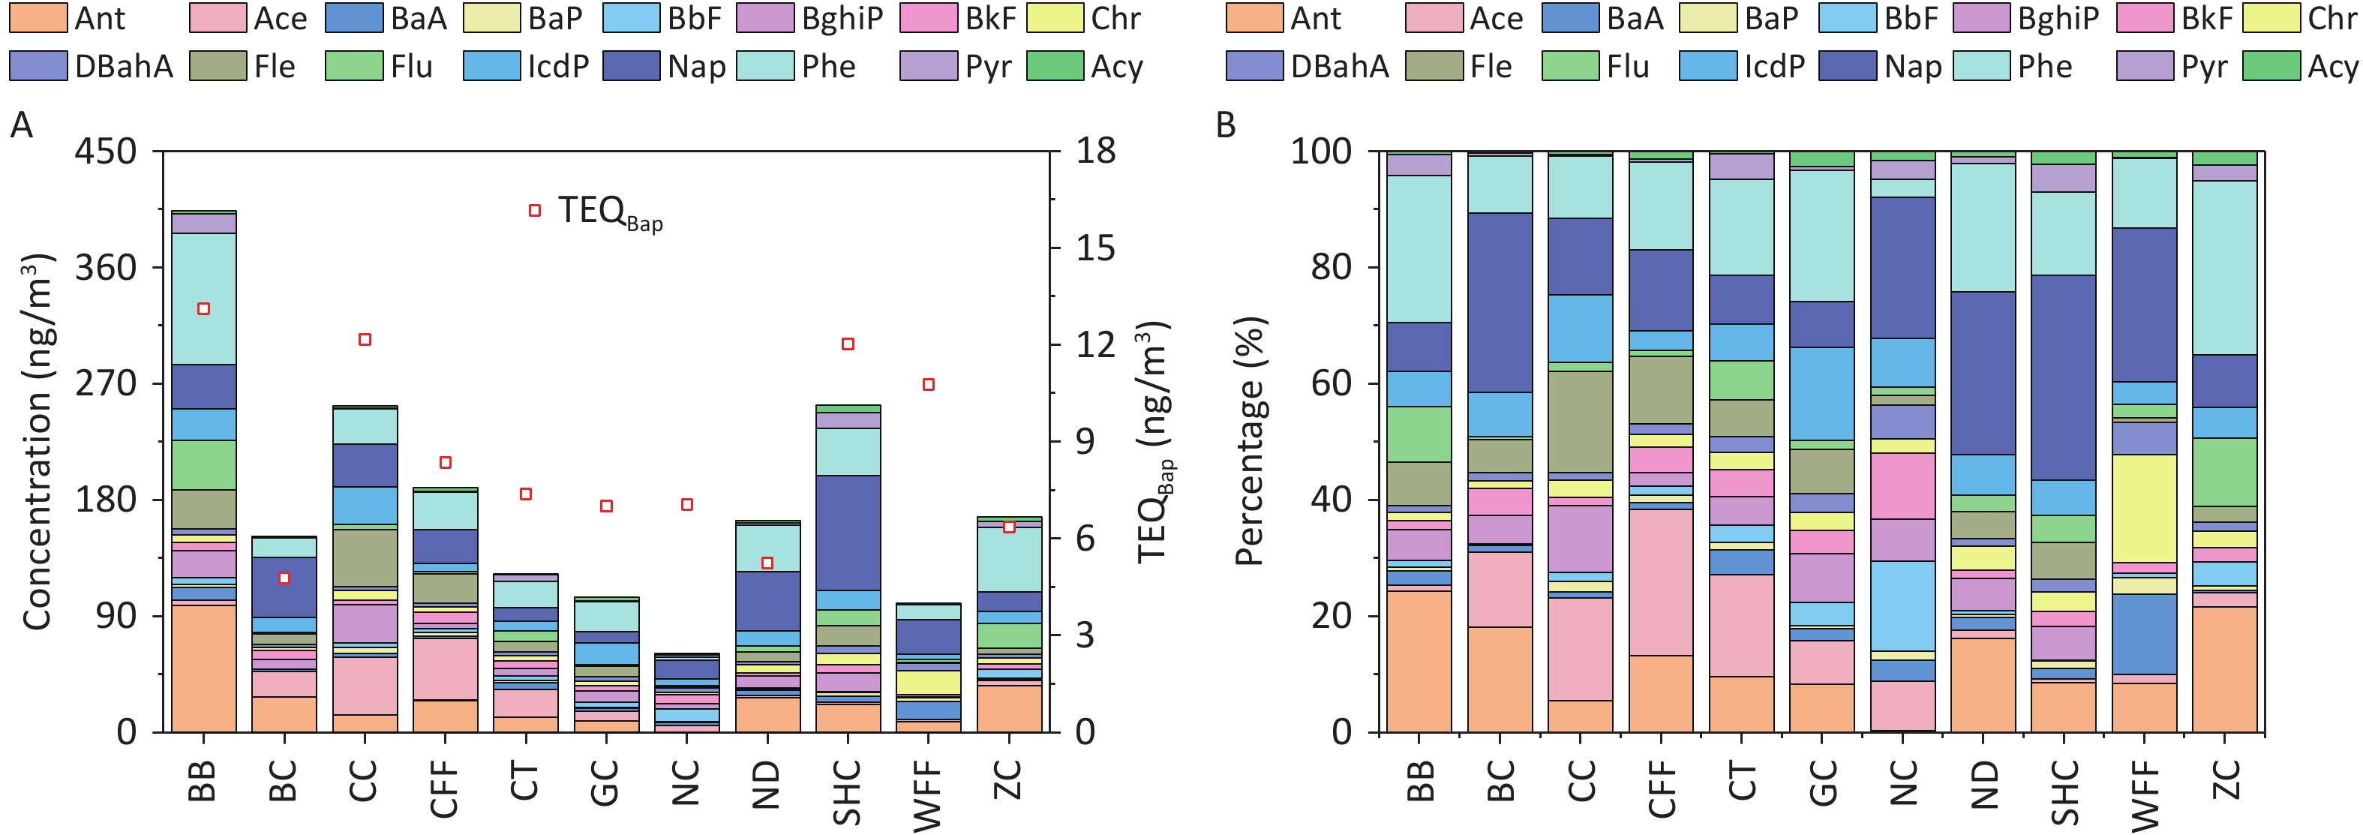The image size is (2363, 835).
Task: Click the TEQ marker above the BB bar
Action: coord(203,309)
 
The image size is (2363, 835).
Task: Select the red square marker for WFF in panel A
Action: coord(929,384)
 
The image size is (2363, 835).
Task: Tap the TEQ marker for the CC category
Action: coord(364,340)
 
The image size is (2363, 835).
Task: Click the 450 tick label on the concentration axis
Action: coord(104,152)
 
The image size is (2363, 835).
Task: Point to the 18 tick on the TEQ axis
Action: coord(1095,152)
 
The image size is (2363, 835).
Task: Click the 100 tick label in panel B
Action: coord(1321,152)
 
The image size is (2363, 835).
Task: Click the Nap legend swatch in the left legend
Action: coord(630,66)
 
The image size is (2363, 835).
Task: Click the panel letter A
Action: coord(21,125)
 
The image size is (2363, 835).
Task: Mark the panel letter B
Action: coord(1226,125)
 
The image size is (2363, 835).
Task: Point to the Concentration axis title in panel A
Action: coord(37,440)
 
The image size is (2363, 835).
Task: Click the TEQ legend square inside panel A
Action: coord(535,211)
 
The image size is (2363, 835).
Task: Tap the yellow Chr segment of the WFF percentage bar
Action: coord(2144,509)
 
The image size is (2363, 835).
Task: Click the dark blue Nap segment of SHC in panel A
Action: coord(848,532)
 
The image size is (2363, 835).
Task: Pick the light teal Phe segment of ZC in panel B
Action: coord(2224,267)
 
